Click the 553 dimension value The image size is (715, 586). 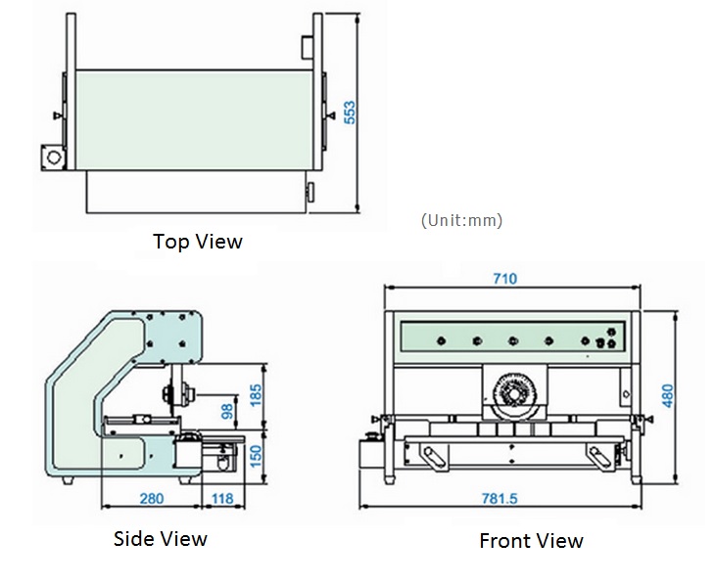point(350,113)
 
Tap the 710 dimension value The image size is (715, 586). point(505,278)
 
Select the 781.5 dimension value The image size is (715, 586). point(500,499)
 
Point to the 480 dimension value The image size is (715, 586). point(667,396)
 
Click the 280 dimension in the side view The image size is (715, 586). point(152,499)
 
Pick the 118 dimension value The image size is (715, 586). point(222,499)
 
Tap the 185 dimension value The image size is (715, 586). point(256,395)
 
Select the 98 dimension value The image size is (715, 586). point(227,411)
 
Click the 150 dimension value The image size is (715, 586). point(256,456)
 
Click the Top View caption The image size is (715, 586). point(198,242)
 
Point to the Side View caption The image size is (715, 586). point(161,539)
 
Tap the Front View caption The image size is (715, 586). point(531,541)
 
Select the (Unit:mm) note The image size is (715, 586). point(461,220)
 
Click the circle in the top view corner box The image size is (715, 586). point(54,158)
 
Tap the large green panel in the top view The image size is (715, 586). point(194,120)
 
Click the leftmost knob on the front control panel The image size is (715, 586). point(441,340)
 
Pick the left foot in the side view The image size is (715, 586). point(68,480)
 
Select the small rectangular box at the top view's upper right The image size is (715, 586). point(307,48)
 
